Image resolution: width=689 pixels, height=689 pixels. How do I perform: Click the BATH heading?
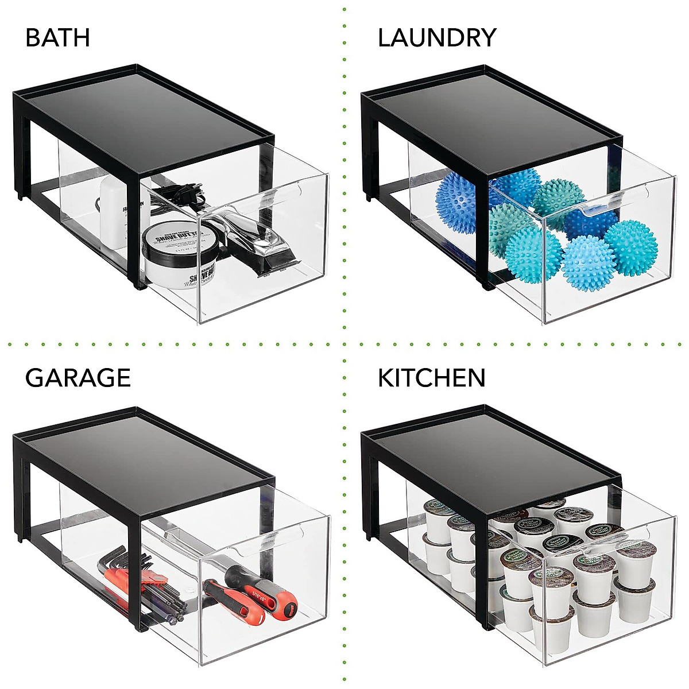click(x=57, y=38)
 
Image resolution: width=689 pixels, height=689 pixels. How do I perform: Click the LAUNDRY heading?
click(x=436, y=38)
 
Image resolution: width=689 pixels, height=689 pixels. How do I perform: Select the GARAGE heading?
click(x=78, y=378)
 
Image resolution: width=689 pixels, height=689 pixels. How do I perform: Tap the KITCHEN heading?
click(x=431, y=378)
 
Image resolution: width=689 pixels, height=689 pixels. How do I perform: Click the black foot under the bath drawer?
click(x=138, y=285)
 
